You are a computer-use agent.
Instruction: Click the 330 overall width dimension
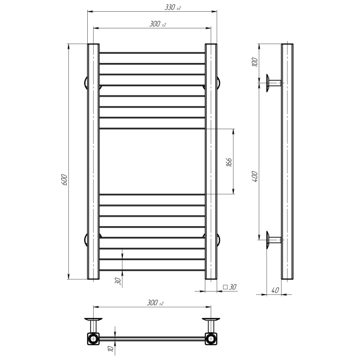173,8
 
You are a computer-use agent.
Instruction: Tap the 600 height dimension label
64,180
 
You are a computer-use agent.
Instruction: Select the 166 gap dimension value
229,162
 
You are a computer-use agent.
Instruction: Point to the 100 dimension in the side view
255,62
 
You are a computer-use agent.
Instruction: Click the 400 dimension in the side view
255,176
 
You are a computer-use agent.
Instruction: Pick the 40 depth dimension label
275,290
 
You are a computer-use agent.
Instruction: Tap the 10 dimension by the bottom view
111,348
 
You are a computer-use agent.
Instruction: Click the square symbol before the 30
225,287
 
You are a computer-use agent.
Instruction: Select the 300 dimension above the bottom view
155,302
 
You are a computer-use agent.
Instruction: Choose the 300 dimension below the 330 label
157,24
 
